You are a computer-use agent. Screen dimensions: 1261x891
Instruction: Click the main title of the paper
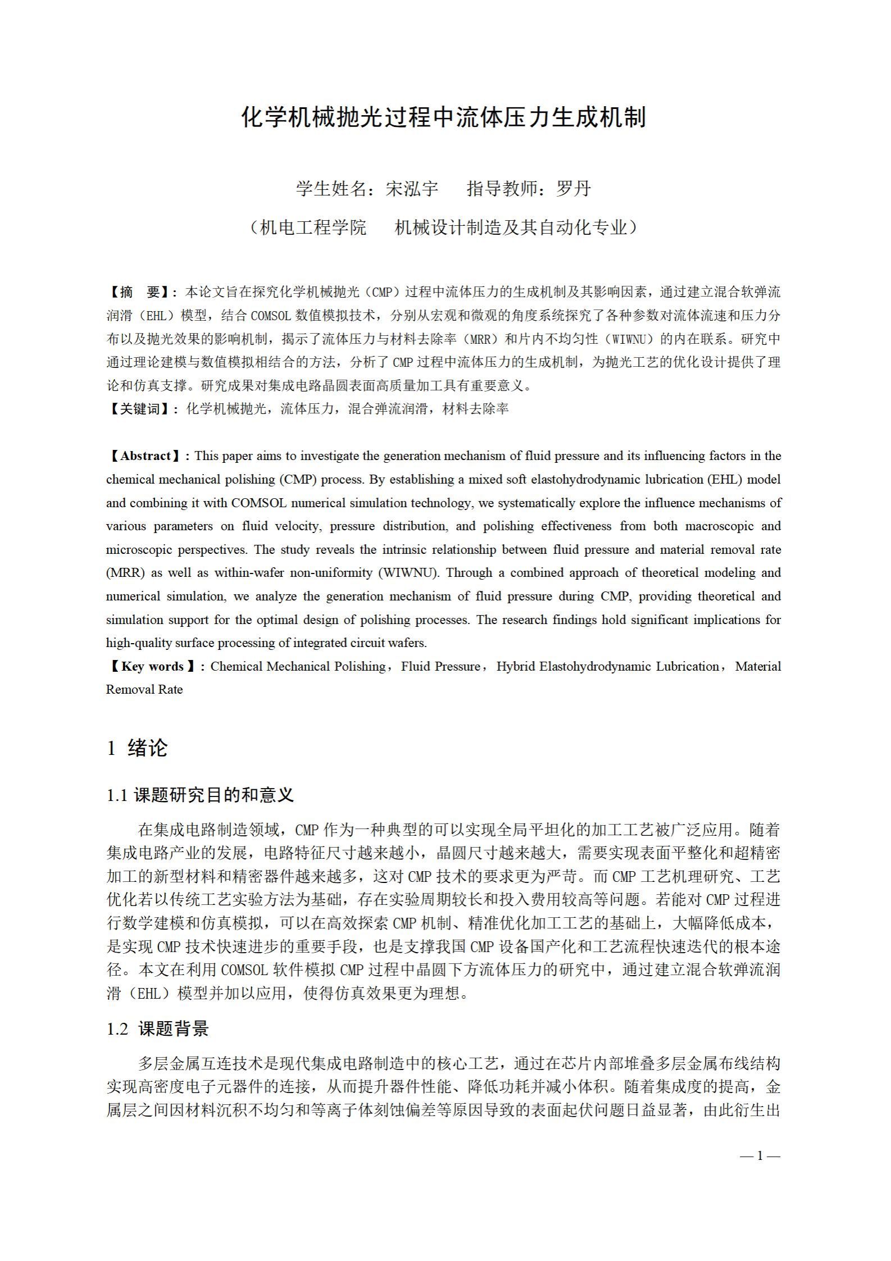(444, 117)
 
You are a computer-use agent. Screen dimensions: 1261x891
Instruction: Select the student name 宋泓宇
(412, 189)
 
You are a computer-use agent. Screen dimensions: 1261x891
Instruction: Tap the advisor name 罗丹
(573, 189)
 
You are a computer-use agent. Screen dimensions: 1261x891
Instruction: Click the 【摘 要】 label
(141, 292)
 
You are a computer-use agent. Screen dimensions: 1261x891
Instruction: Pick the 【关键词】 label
(141, 409)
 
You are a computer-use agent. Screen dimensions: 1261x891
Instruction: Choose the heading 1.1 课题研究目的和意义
(200, 795)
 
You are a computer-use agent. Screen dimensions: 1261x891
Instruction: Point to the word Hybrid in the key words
(516, 667)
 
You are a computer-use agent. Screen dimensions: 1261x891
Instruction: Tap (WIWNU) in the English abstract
(408, 573)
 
